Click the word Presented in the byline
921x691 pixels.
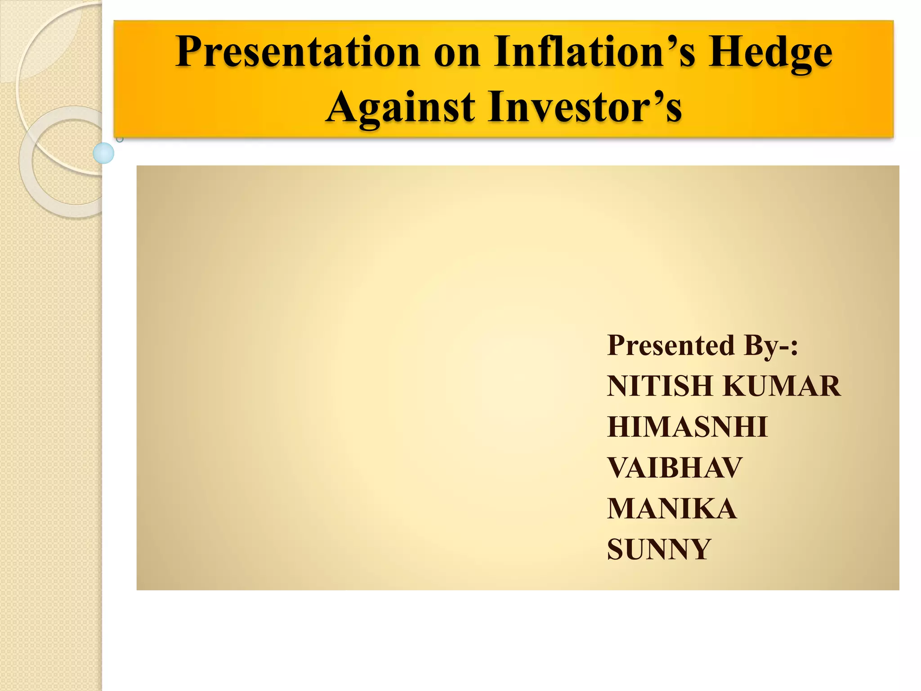(x=671, y=345)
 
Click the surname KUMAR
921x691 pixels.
(x=782, y=386)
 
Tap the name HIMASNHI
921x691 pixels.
(x=687, y=426)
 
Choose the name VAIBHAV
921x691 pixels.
(x=675, y=467)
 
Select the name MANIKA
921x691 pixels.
(x=672, y=508)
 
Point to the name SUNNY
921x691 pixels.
(x=659, y=549)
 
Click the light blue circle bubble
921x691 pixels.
(x=103, y=153)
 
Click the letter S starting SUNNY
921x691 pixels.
(x=616, y=549)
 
